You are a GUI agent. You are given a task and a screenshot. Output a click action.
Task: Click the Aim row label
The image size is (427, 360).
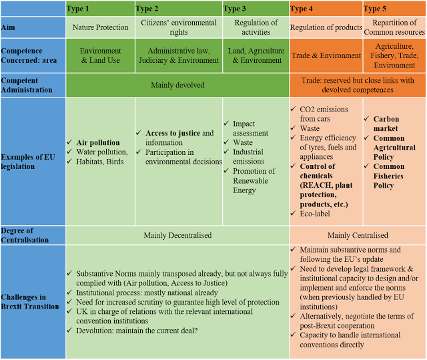click(8, 27)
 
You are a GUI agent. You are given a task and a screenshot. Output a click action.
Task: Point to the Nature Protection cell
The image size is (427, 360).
click(100, 27)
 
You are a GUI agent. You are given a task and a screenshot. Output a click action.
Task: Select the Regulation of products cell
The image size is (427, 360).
click(326, 27)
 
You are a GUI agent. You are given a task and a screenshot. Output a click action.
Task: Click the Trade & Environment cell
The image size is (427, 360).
click(326, 55)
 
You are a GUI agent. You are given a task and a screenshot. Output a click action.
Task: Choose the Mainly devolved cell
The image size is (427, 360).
click(177, 85)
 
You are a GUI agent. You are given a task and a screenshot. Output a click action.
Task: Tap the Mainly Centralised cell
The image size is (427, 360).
click(358, 235)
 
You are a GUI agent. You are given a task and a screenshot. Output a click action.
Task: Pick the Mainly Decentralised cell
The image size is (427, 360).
click(177, 235)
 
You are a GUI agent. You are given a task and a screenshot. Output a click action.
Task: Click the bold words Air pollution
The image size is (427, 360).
click(98, 142)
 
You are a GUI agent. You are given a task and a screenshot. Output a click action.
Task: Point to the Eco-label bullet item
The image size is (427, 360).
click(315, 214)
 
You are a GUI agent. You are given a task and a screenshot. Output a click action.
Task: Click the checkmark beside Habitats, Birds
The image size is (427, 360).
click(69, 162)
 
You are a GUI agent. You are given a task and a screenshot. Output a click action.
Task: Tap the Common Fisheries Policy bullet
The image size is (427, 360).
click(388, 176)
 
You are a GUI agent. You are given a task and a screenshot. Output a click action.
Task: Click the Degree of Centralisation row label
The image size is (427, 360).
click(25, 235)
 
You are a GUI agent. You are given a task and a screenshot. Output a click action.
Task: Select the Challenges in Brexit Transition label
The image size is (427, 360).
click(30, 302)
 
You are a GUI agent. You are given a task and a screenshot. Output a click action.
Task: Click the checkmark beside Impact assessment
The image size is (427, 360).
click(226, 124)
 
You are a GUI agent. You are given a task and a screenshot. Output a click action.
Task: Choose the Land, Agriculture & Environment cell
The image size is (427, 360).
click(256, 55)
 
